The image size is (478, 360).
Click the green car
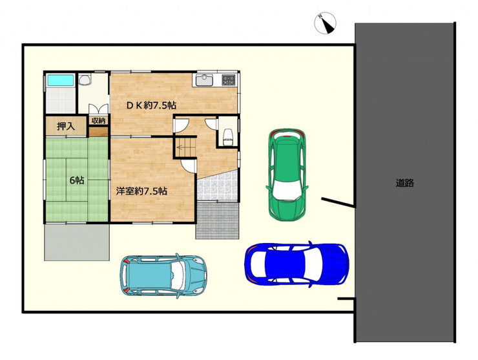point(287,175)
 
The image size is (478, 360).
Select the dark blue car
point(297,264)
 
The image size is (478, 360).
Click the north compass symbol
point(326,23)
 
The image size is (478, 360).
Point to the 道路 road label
point(405,183)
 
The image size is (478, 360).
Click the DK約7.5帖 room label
point(152,105)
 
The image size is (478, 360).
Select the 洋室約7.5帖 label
point(141,191)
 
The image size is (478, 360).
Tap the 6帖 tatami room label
point(77,180)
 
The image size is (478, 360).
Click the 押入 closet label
point(66,126)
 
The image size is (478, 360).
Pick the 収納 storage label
point(98,121)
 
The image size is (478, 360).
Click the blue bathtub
point(61,80)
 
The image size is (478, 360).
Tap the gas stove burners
point(229,80)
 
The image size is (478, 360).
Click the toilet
point(227,136)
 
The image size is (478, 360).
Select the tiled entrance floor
point(217,185)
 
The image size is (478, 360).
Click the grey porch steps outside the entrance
point(217,220)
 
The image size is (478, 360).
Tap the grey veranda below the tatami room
point(77,242)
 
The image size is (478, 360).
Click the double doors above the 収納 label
point(98,109)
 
